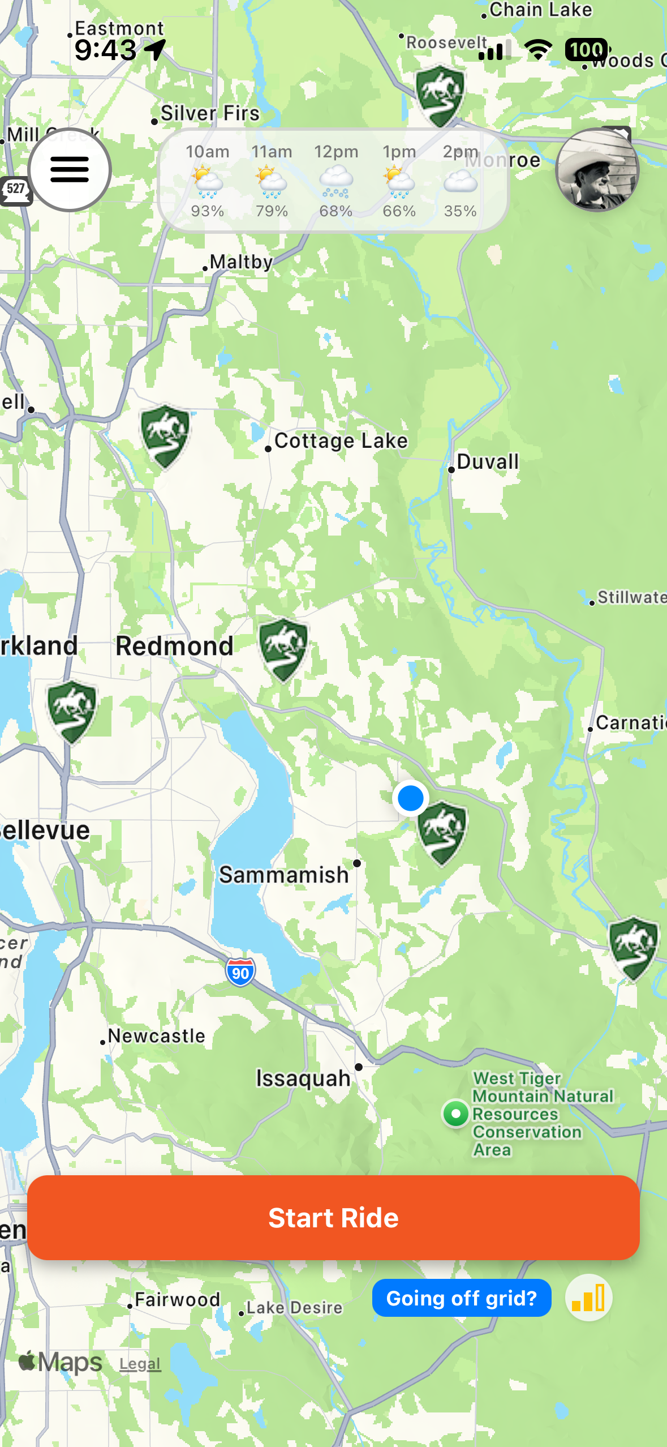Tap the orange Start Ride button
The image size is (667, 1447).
coord(333,1217)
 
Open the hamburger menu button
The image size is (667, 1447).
coord(70,170)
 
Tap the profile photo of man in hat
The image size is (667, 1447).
coord(597,170)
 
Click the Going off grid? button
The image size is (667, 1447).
coord(461,1298)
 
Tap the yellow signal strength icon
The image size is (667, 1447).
coord(588,1298)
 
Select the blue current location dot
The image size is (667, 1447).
coord(410,798)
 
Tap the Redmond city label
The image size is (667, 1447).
coord(174,646)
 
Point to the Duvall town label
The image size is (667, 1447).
coord(487,462)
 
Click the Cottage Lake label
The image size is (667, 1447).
coord(341,441)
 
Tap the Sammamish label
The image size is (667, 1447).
coord(284,875)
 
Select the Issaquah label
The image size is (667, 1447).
coord(303,1078)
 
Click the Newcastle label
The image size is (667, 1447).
coord(156,1036)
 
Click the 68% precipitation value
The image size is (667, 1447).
coord(335,211)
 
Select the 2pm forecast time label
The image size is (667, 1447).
coord(460,152)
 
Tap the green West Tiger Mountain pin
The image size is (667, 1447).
coord(455,1114)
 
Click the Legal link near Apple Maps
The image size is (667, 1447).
coord(140,1364)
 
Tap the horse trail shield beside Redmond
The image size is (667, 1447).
coord(283,649)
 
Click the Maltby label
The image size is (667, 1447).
coord(241,262)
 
